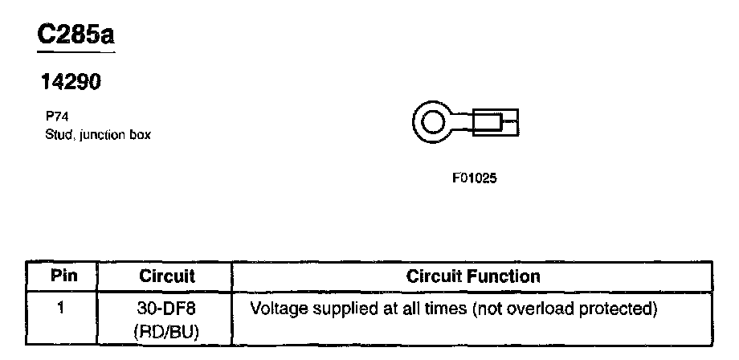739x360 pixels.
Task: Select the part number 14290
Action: tap(71, 83)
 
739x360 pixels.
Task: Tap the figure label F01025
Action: tap(475, 178)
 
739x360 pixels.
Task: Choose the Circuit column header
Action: tap(167, 276)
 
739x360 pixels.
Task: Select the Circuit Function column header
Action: tap(473, 276)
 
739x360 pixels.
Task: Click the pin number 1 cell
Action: tap(62, 308)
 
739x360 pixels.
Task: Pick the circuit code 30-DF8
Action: tap(167, 308)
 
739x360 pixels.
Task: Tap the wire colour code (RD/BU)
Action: tap(167, 329)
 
